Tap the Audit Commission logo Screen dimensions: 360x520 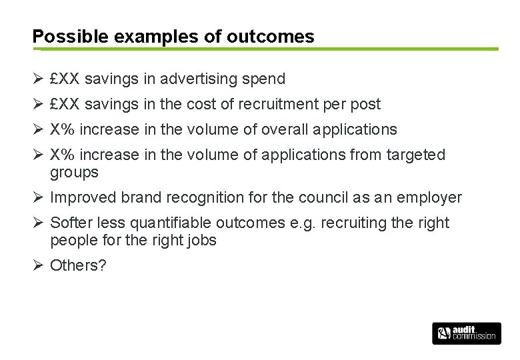click(466, 333)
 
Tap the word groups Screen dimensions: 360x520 click(74, 173)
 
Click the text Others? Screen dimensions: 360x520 click(79, 265)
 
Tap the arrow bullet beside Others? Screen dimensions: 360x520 click(37, 265)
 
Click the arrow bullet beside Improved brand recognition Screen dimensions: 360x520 click(37, 198)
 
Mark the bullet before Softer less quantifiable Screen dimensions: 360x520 click(37, 223)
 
